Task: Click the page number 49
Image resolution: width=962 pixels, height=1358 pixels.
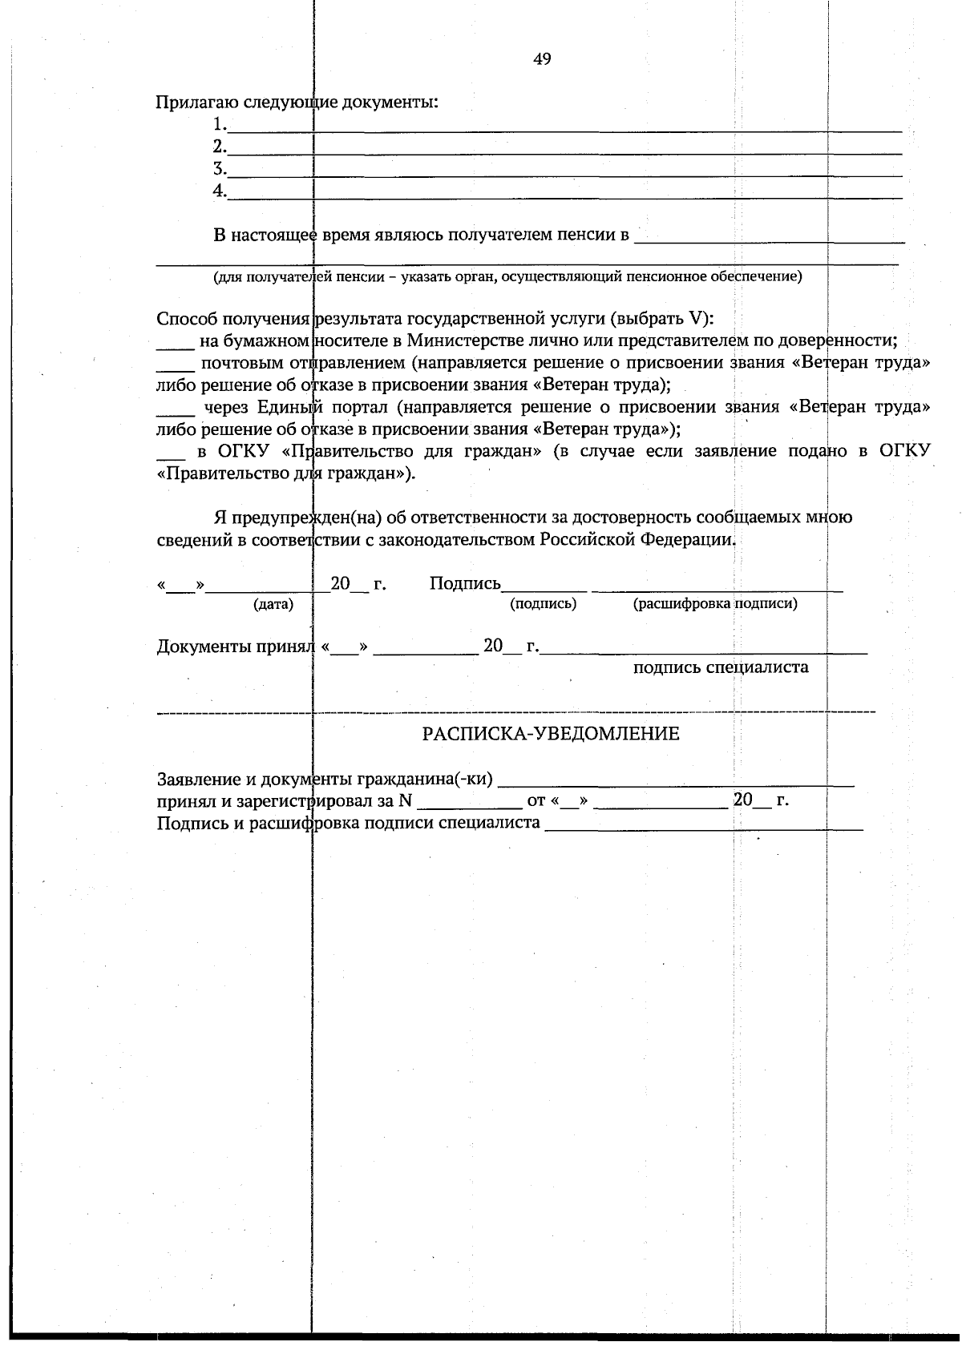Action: pyautogui.click(x=541, y=59)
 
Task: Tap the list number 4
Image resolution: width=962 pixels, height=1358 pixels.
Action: pyautogui.click(x=218, y=191)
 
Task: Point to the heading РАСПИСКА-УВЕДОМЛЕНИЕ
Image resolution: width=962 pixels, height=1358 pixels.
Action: pyautogui.click(x=552, y=733)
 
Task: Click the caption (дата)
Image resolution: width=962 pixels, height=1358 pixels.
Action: pyautogui.click(x=273, y=604)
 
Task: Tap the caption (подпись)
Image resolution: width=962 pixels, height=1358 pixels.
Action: pyautogui.click(x=544, y=604)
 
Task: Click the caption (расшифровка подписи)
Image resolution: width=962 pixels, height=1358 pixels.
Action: pyautogui.click(x=715, y=604)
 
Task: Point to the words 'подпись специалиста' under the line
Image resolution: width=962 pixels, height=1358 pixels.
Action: pyautogui.click(x=721, y=667)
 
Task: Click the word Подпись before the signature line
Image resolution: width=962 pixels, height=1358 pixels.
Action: pyautogui.click(x=465, y=584)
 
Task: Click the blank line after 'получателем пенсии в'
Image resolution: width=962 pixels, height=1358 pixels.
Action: pyautogui.click(x=770, y=239)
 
